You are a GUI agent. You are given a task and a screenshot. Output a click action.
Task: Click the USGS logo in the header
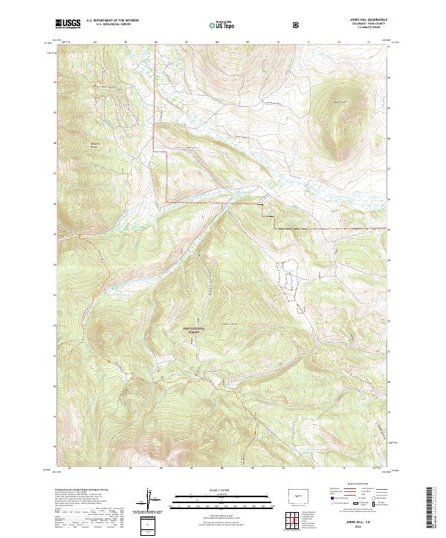pos(68,24)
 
